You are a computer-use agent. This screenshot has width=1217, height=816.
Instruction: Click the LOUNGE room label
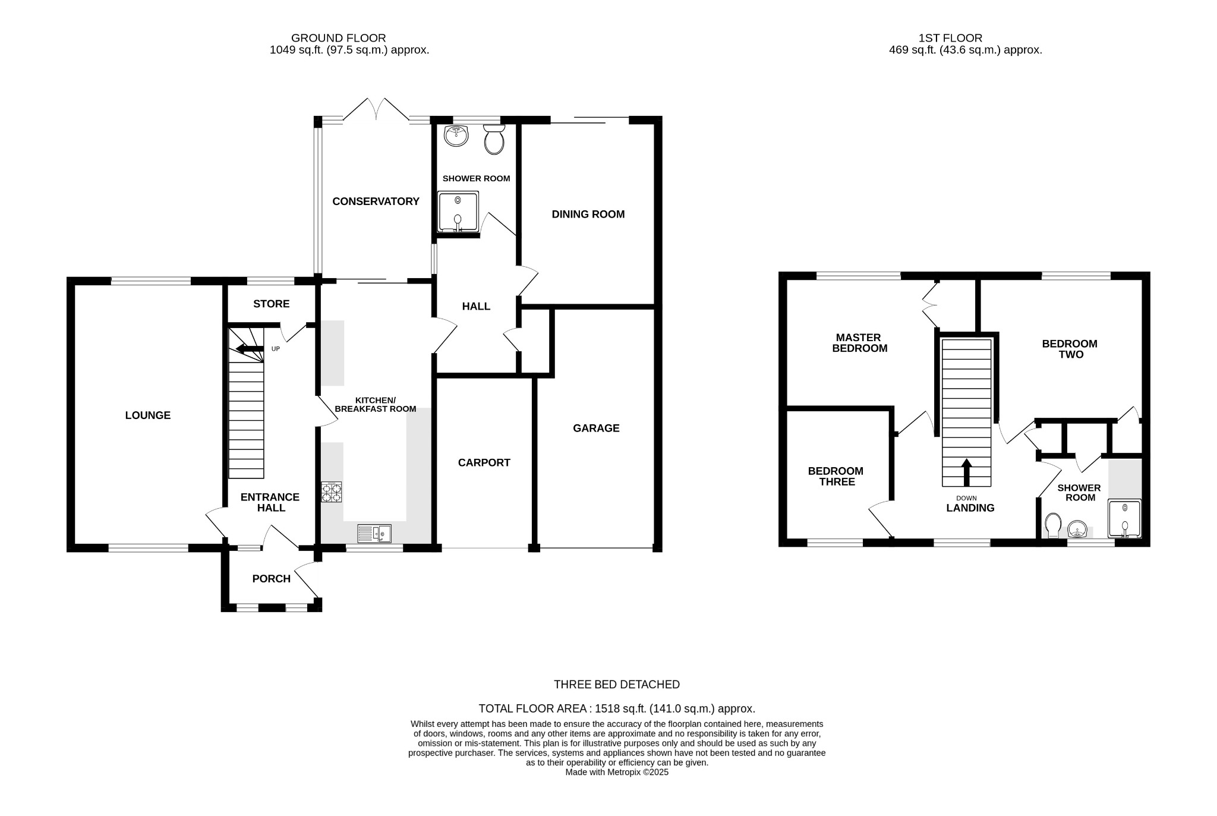pos(147,415)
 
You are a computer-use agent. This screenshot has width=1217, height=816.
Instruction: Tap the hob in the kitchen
pos(332,492)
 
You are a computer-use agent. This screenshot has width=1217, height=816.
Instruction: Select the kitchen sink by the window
pos(374,533)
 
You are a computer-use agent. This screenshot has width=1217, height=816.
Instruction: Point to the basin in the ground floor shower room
pos(456,136)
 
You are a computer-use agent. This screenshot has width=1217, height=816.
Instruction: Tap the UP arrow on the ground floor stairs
pos(250,349)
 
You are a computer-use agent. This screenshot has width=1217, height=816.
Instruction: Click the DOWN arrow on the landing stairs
pos(967,472)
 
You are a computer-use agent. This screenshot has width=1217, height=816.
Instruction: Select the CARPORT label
pos(484,463)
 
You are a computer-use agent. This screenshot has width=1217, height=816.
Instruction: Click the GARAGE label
pos(596,429)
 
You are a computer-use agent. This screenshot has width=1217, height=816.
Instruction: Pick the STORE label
pos(271,304)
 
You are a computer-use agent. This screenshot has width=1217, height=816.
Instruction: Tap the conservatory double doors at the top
pos(376,110)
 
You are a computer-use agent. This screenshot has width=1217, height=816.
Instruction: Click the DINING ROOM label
pos(588,215)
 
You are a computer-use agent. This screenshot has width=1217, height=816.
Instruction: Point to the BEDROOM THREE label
pos(835,477)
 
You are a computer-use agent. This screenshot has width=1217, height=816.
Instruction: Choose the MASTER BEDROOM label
pos(859,343)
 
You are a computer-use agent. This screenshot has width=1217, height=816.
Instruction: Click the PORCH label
pos(271,579)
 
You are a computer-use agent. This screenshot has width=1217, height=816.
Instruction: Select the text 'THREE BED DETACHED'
pos(616,685)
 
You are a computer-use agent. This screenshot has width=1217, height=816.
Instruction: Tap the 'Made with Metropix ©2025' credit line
pos(616,773)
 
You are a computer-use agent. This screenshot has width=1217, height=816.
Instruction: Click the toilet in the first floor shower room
pos(1053,525)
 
